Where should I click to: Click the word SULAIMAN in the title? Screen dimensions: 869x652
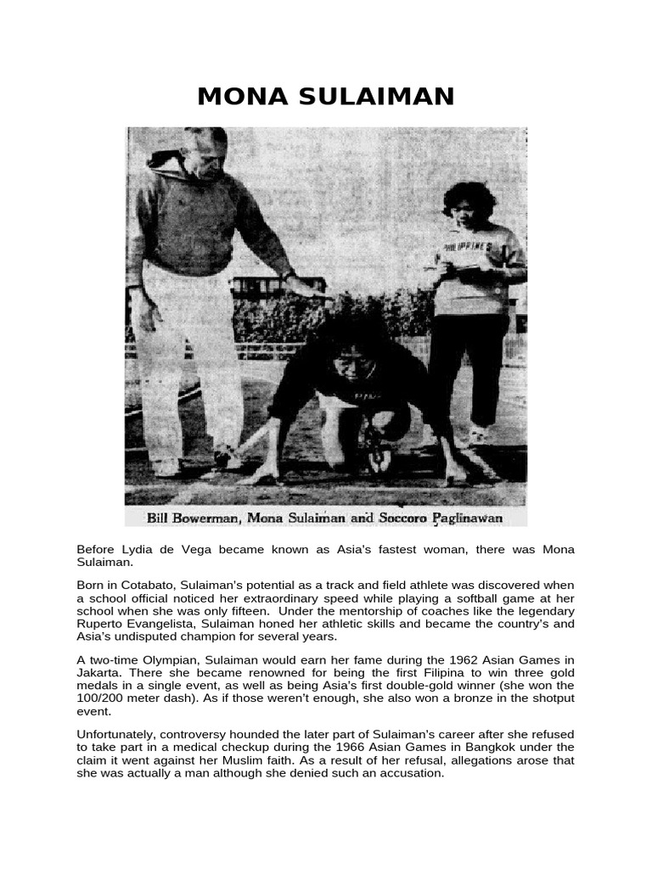click(367, 97)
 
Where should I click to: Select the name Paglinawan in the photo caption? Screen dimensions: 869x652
click(465, 516)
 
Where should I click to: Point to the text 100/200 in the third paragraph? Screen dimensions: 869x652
click(98, 698)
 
